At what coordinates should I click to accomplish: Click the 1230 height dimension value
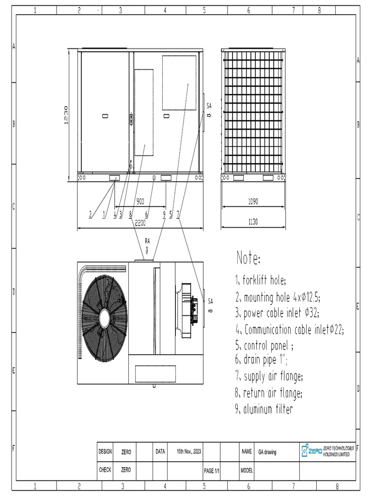66,115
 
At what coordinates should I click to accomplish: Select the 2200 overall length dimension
140,223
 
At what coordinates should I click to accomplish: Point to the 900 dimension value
140,201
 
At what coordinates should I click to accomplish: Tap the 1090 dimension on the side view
253,201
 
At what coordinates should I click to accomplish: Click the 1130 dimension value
253,222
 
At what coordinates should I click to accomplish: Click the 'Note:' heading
248,258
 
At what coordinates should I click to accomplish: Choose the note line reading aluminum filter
264,409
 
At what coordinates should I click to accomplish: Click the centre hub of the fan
104,318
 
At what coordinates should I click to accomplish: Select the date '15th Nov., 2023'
188,451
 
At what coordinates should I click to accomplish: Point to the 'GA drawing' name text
267,451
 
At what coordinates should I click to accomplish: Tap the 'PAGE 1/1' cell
212,470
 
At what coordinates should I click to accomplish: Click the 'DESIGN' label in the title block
105,451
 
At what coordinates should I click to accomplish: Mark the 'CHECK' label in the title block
105,470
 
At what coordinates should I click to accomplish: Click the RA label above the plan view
147,240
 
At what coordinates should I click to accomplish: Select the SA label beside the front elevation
209,105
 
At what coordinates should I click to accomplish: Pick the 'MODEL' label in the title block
246,470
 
